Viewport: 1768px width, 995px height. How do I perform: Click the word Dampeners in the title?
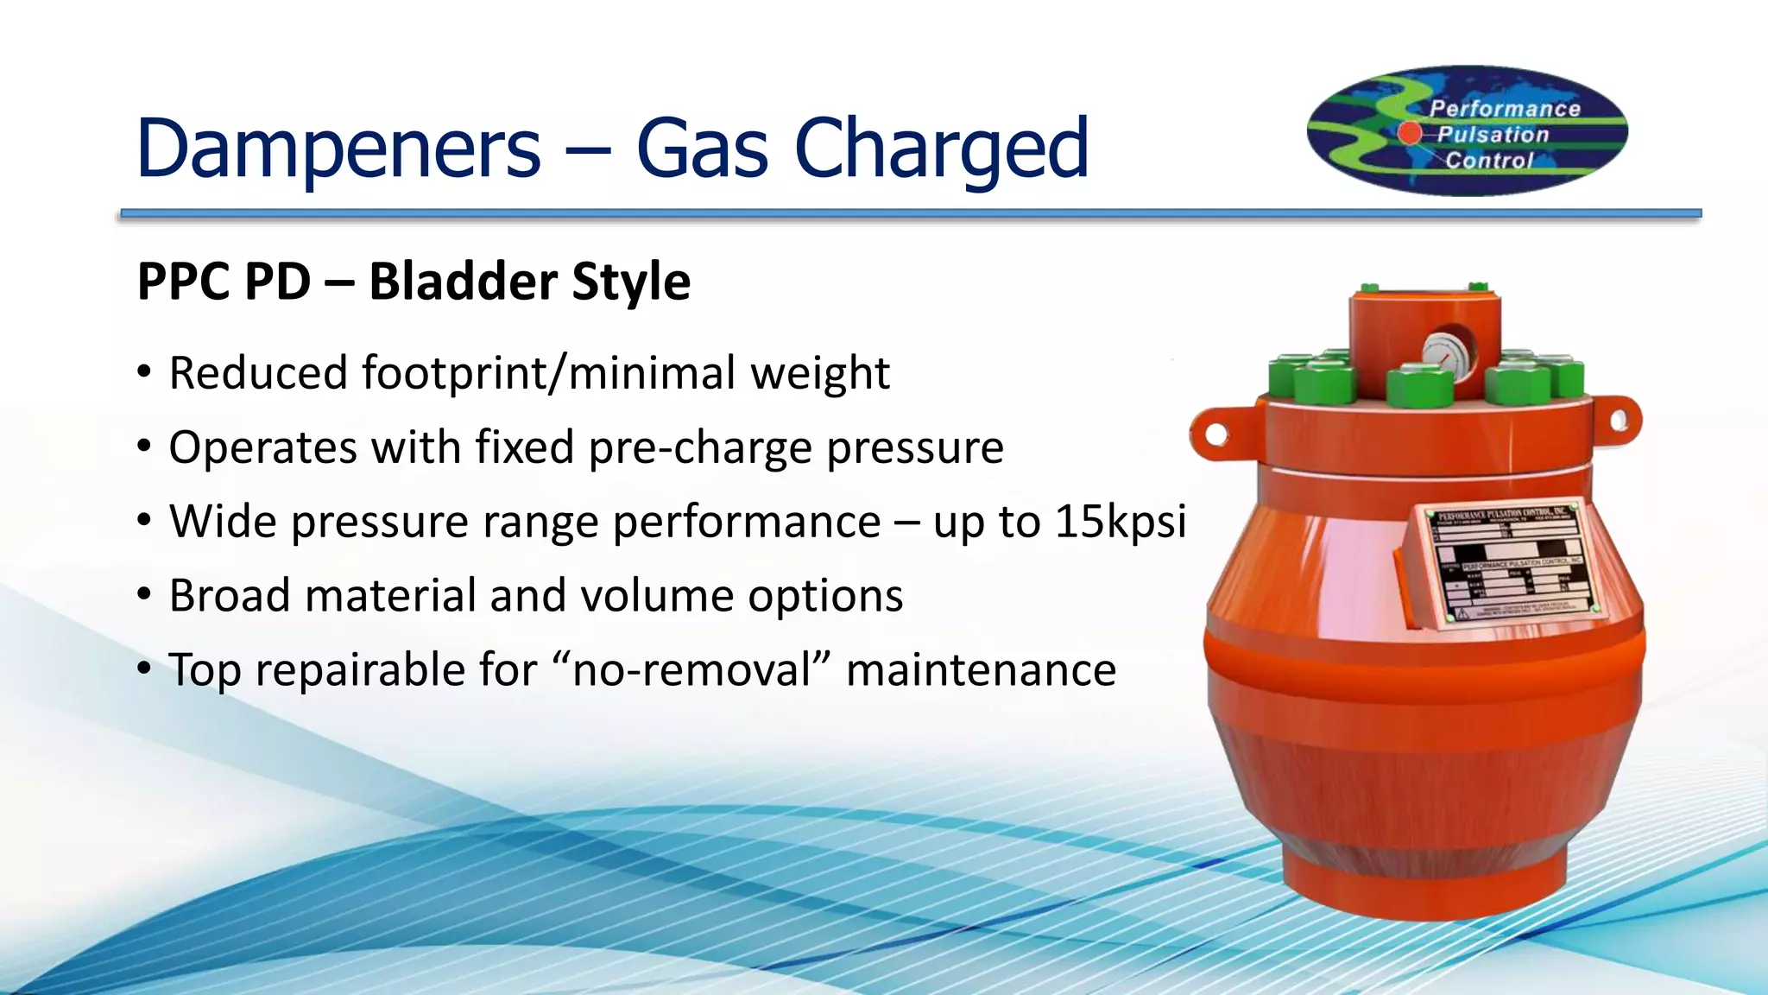338,149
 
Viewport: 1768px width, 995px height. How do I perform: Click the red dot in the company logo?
1410,133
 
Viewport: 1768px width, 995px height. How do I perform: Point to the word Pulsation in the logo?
1493,135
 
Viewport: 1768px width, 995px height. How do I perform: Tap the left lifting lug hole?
1217,434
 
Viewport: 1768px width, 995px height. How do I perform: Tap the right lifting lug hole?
1620,421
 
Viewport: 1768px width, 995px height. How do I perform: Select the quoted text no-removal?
692,670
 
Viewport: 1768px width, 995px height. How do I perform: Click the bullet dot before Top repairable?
144,669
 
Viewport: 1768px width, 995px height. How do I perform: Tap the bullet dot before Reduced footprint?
144,372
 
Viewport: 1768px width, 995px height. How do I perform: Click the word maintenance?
981,670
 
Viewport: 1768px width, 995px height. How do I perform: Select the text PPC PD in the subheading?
224,282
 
